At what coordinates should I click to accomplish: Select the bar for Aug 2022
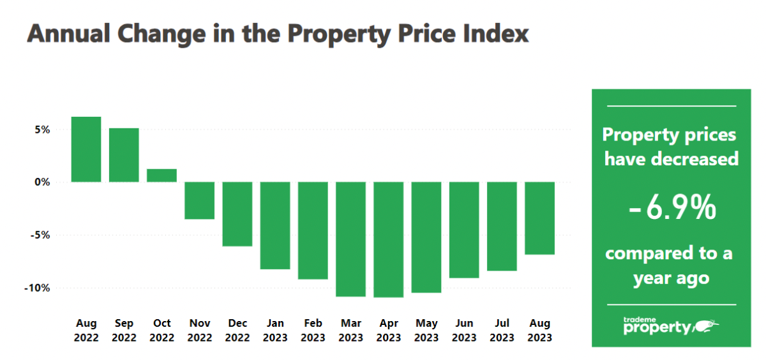point(86,149)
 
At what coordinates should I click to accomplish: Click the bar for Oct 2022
point(161,176)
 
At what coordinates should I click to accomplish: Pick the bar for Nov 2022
point(199,200)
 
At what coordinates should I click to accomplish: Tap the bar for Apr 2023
point(389,239)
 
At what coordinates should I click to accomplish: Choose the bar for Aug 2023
point(539,218)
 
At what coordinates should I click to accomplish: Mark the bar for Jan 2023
point(275,225)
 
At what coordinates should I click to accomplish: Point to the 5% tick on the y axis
point(42,130)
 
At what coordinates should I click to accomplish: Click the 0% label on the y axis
point(42,182)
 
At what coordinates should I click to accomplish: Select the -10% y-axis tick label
point(38,288)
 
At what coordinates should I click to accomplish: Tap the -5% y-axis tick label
point(40,235)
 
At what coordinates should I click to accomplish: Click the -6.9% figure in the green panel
point(672,210)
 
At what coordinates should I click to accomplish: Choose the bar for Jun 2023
point(464,230)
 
